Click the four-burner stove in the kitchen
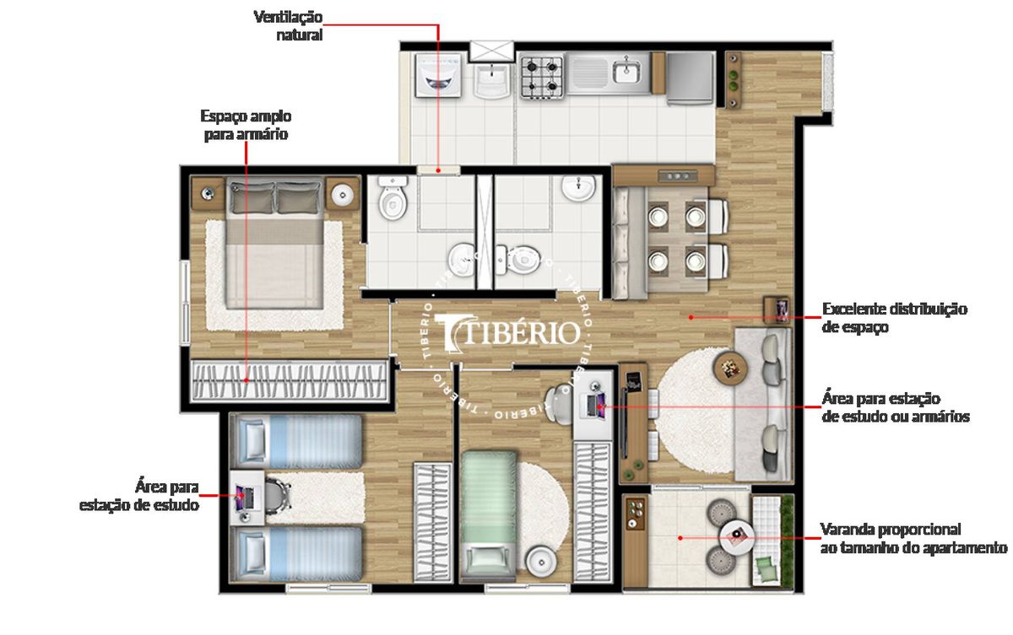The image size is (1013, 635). click(541, 77)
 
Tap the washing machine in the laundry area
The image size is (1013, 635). click(438, 75)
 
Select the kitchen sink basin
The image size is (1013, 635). click(626, 73)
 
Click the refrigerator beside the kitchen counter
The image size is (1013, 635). click(690, 78)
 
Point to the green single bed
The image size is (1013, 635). click(489, 515)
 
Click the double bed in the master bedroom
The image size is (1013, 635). click(275, 245)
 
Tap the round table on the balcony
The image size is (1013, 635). click(736, 537)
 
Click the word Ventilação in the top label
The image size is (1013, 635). click(288, 17)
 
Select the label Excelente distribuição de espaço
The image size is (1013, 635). click(894, 317)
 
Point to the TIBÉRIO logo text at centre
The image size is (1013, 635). click(507, 332)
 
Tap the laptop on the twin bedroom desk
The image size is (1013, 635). click(244, 498)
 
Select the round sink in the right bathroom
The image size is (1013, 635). click(578, 188)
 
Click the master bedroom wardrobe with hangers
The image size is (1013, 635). click(289, 380)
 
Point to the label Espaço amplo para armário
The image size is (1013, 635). click(246, 125)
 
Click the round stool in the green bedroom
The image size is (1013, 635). click(541, 562)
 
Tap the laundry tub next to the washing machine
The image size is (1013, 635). click(491, 80)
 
